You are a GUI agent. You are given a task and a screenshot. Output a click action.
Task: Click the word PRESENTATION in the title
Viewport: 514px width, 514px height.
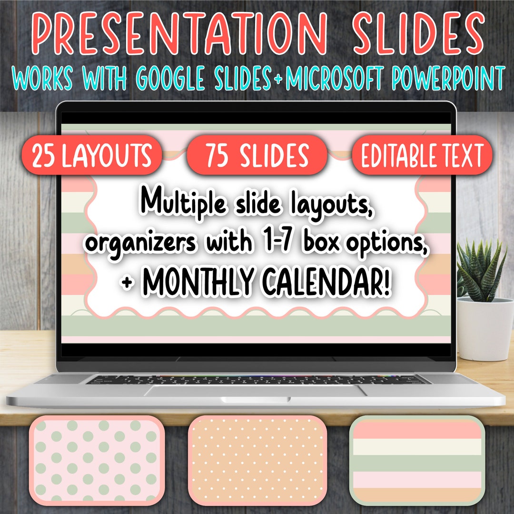coord(179,33)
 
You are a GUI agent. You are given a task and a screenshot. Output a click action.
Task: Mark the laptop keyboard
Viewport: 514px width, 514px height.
coord(257,379)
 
